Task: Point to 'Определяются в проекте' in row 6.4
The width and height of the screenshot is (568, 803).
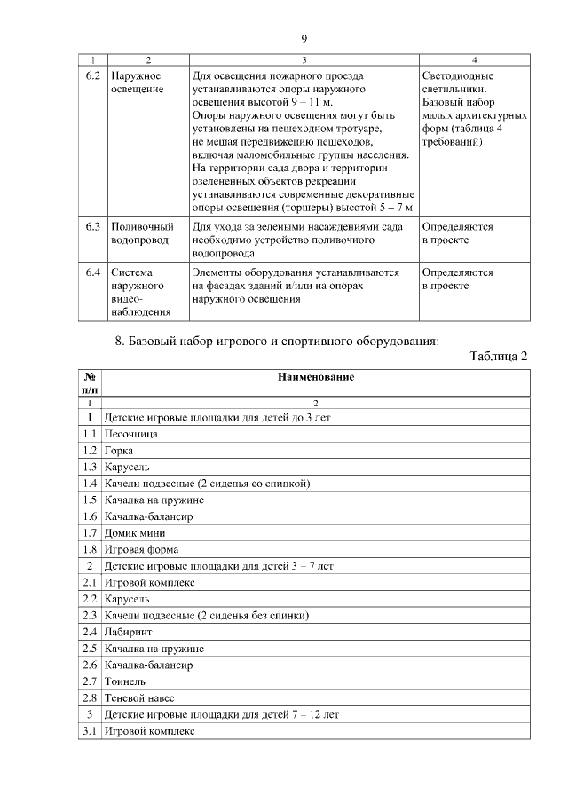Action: point(457,279)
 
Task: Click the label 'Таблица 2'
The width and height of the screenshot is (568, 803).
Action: point(499,356)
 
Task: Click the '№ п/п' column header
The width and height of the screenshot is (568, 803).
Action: point(90,382)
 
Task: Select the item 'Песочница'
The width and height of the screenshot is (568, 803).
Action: point(130,434)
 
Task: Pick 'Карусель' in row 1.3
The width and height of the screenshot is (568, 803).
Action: point(127,467)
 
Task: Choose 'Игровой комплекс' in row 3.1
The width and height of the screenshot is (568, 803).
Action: point(149,730)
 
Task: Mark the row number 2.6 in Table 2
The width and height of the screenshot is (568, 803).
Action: point(90,665)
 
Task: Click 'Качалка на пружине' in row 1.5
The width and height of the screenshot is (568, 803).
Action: point(154,500)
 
